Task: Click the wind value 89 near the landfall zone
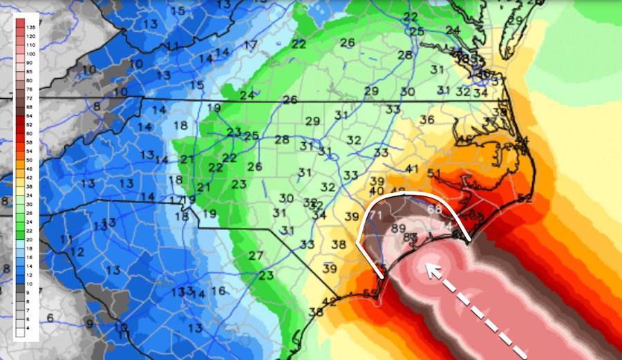398,229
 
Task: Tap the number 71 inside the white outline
377,216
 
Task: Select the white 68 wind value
435,209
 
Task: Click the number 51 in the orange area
435,173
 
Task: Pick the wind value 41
413,169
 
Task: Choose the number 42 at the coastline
330,301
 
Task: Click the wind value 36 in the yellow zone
426,120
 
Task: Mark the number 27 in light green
256,256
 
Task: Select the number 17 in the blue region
250,46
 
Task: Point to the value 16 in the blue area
218,291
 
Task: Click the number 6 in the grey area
50,317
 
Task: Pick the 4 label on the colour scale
31,334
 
